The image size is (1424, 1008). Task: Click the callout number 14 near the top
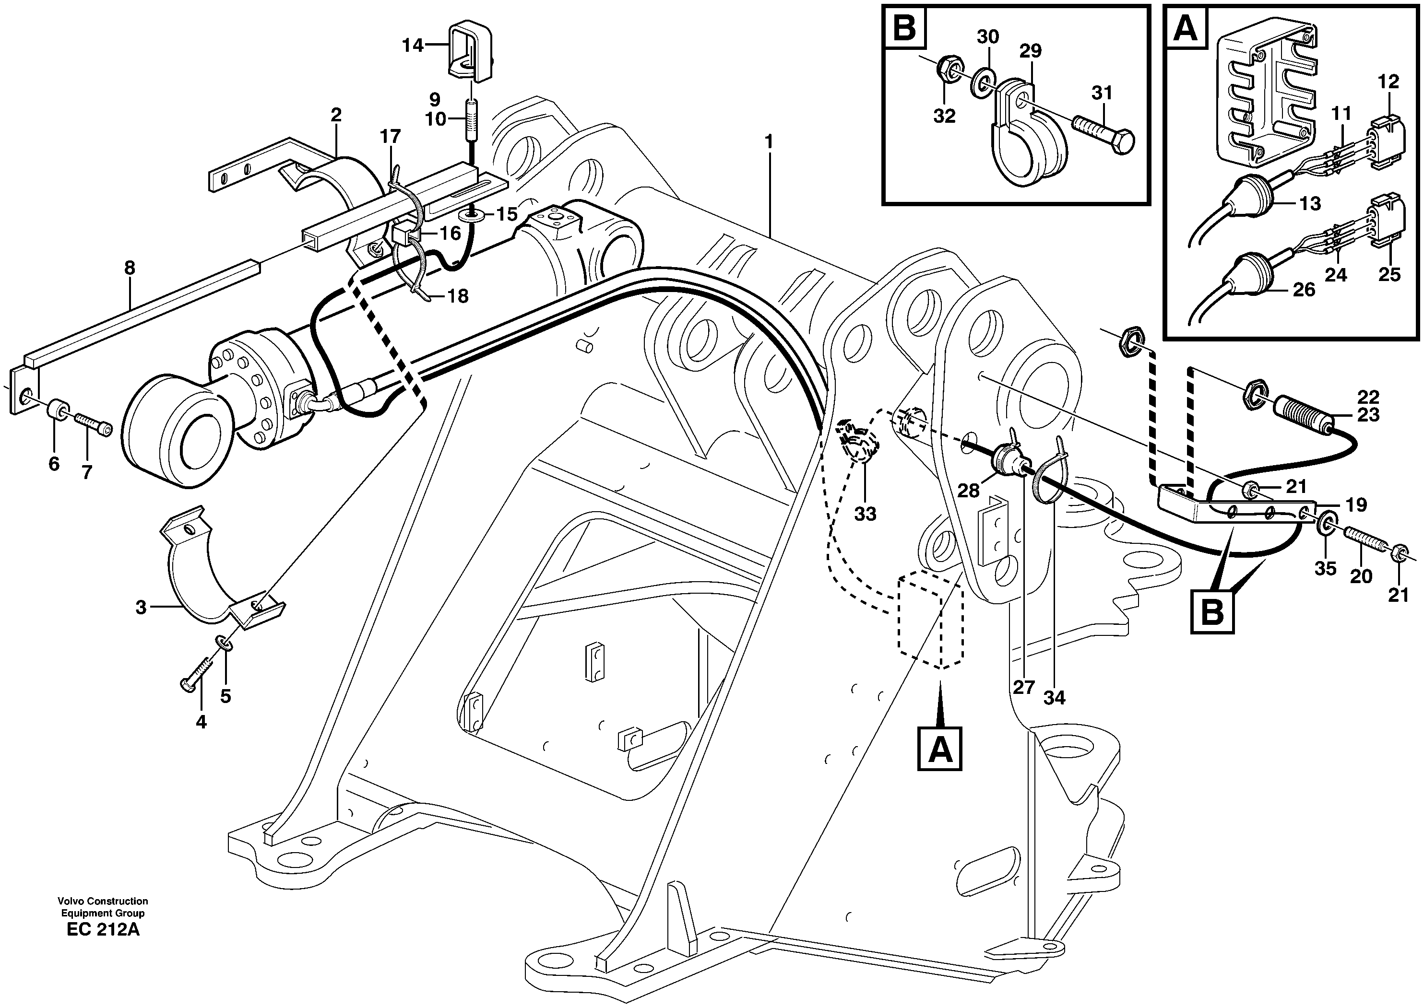(412, 45)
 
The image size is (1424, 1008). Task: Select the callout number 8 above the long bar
(129, 269)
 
